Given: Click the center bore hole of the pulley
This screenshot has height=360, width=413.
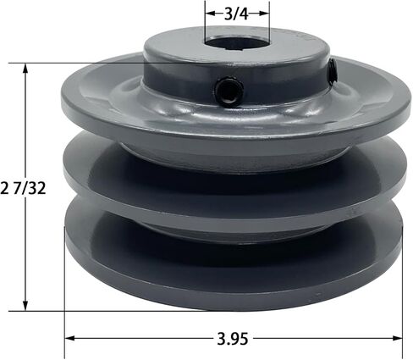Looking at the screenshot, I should (232, 48).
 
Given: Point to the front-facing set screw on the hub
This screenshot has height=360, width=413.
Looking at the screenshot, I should (226, 88).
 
